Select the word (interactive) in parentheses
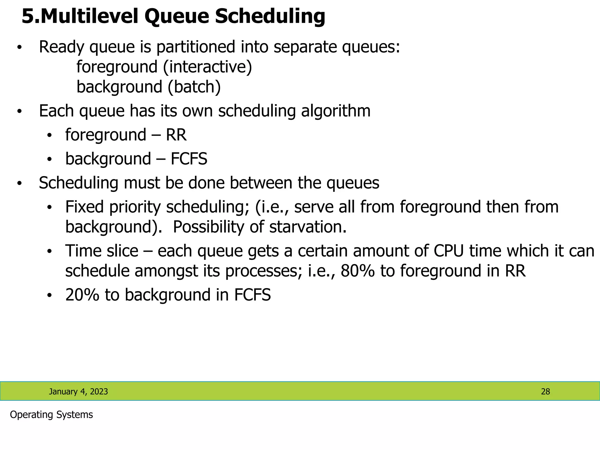207,67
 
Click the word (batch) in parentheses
194,87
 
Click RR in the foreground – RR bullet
176,135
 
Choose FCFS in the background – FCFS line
189,159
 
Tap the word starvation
308,227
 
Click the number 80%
357,271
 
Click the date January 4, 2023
78,392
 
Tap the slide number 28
545,392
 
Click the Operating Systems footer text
51,415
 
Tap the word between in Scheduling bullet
261,183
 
